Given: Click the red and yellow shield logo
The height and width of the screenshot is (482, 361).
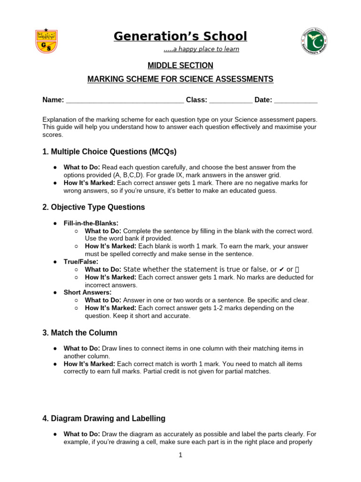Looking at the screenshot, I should coord(47,41).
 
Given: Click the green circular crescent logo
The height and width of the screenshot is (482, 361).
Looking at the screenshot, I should coord(314,41).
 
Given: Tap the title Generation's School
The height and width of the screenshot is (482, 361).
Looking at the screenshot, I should coord(180,36).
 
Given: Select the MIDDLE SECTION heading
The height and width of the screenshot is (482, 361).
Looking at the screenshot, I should coord(180,65).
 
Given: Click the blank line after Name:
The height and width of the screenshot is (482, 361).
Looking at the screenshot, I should coord(125,100).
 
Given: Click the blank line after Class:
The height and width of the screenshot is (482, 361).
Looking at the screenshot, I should coord(230,100).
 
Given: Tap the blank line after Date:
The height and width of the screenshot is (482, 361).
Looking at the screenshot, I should coord(295,100).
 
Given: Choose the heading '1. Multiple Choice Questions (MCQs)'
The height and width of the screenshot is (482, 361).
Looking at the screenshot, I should coord(110,152).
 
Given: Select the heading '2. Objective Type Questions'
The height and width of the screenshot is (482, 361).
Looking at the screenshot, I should coord(94,207).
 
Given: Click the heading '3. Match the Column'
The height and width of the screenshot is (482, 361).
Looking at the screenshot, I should coord(80,333).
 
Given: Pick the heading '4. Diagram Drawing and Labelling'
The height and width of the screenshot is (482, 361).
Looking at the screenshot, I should coord(104,418).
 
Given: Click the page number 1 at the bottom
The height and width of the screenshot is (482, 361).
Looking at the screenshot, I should coord(180,455).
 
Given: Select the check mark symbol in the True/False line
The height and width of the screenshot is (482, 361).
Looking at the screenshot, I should coord(282,269).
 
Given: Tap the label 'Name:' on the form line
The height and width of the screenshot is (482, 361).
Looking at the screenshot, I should coord(53,100).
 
